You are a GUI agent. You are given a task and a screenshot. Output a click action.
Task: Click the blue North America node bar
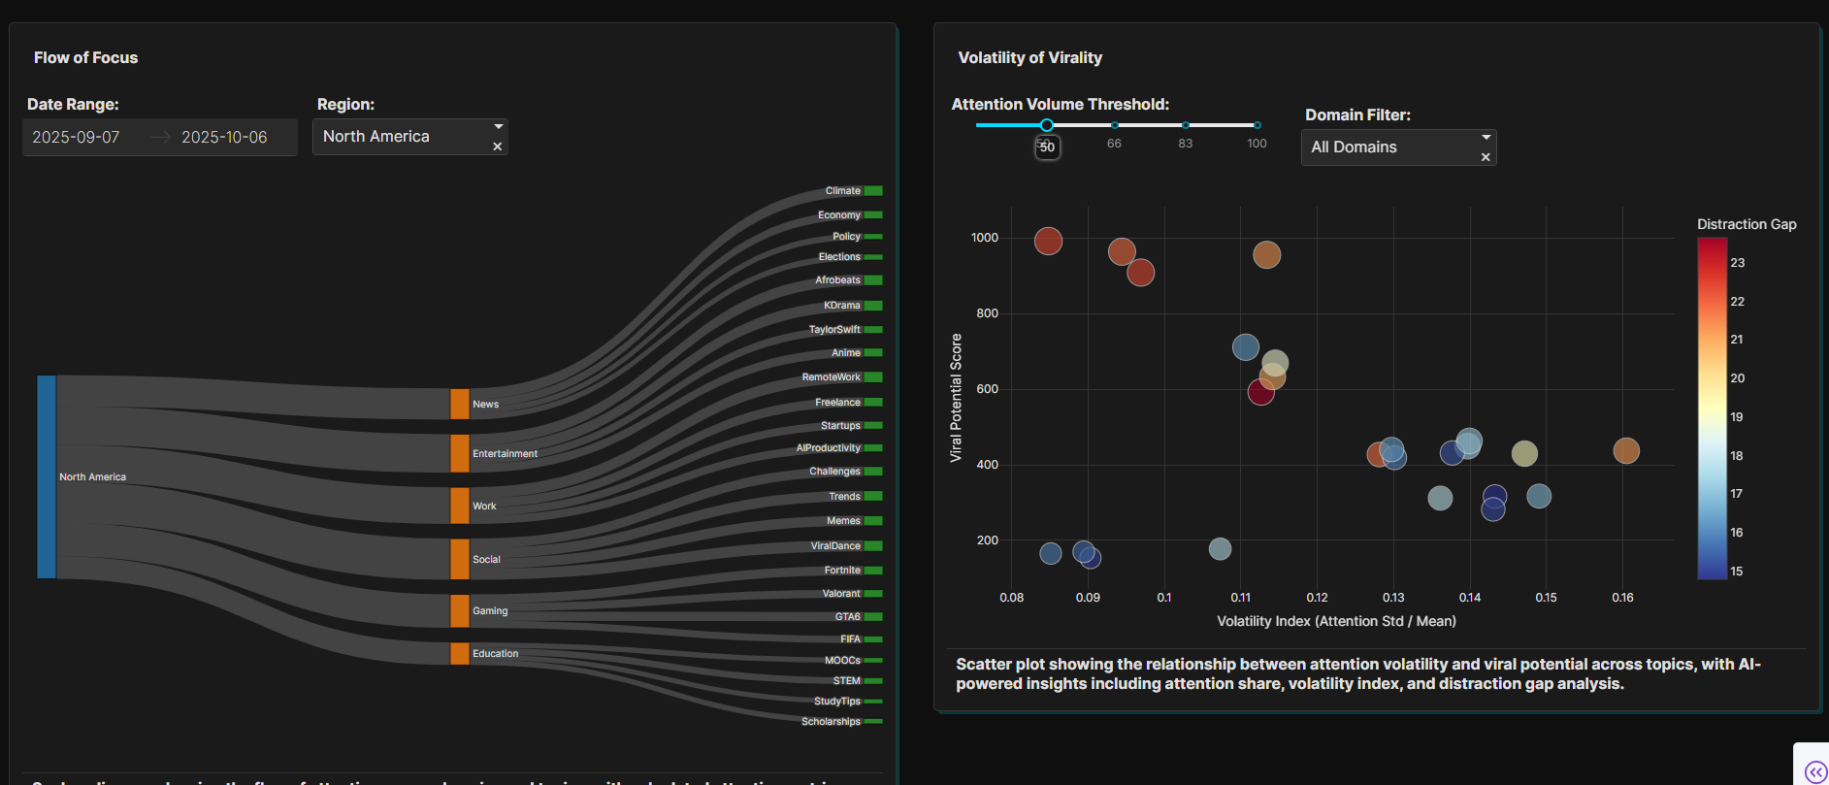(47, 476)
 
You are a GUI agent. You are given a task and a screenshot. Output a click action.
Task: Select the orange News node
(459, 404)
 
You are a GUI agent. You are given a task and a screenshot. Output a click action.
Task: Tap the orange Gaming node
(459, 610)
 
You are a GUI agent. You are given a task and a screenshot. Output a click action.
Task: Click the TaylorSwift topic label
(833, 330)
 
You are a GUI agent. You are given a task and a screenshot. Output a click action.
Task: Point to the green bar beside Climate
(873, 191)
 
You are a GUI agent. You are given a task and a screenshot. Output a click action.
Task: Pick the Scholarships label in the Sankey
(831, 722)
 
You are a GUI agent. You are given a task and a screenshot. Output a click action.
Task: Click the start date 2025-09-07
(76, 138)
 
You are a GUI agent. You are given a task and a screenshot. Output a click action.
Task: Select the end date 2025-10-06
(224, 138)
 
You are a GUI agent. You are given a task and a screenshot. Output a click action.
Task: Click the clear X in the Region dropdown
(498, 147)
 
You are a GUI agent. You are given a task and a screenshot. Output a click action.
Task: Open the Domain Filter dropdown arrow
(1486, 137)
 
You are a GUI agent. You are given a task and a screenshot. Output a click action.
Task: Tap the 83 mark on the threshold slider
(1186, 125)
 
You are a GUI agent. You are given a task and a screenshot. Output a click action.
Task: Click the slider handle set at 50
(1047, 125)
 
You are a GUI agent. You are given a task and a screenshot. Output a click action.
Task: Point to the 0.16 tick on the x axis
(1622, 598)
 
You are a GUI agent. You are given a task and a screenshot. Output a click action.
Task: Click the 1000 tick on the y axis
(985, 238)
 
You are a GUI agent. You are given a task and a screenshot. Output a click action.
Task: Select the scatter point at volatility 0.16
(1626, 450)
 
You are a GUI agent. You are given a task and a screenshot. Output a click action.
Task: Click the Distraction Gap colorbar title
(1747, 224)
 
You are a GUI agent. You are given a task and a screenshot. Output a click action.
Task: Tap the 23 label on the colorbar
(1738, 263)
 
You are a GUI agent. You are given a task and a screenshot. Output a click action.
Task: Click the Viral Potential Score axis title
(956, 398)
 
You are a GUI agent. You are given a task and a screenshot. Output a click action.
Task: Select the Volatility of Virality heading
(1030, 58)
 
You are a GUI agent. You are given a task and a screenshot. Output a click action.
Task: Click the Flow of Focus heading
(86, 58)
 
